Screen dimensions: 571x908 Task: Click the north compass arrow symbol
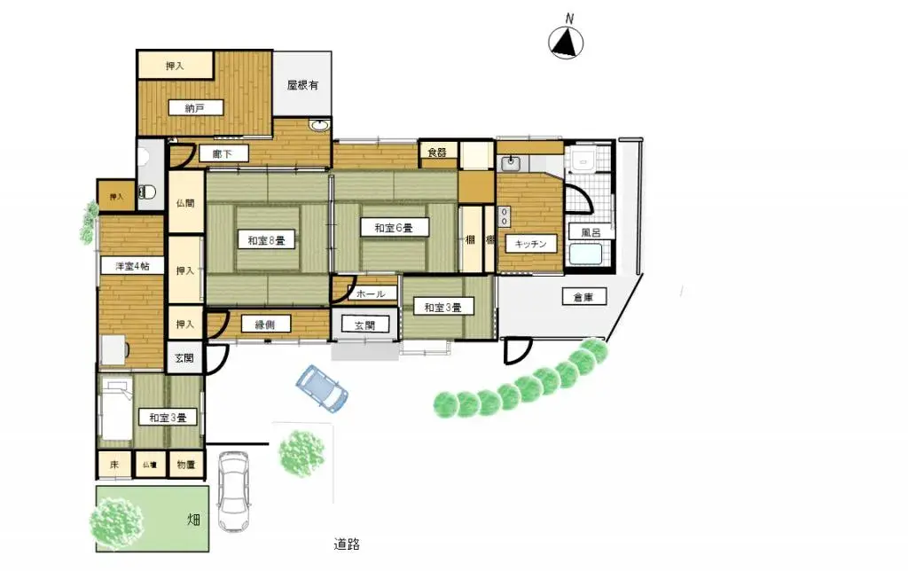coord(567,40)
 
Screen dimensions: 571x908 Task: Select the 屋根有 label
coord(302,86)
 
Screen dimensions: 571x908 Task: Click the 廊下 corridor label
coord(223,154)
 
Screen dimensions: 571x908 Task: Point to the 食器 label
coord(437,153)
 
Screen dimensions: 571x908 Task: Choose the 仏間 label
coord(185,202)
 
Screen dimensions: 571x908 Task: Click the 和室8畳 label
coord(265,240)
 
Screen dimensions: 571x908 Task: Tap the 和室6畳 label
coord(392,228)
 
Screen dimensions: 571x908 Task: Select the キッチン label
coord(530,243)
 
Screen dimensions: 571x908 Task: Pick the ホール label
coord(367,293)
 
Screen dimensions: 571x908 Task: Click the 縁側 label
coord(264,325)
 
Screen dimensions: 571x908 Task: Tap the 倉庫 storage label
coord(583,298)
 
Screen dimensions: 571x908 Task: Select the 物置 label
coord(186,465)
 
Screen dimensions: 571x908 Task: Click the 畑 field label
coord(192,519)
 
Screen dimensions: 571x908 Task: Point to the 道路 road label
coord(347,544)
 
